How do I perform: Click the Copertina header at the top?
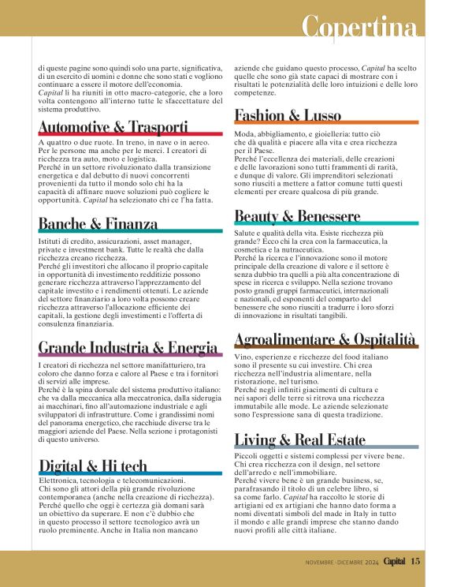pos(359,28)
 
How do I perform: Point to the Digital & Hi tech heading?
pos(93,465)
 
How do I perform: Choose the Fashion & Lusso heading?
pos(288,115)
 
